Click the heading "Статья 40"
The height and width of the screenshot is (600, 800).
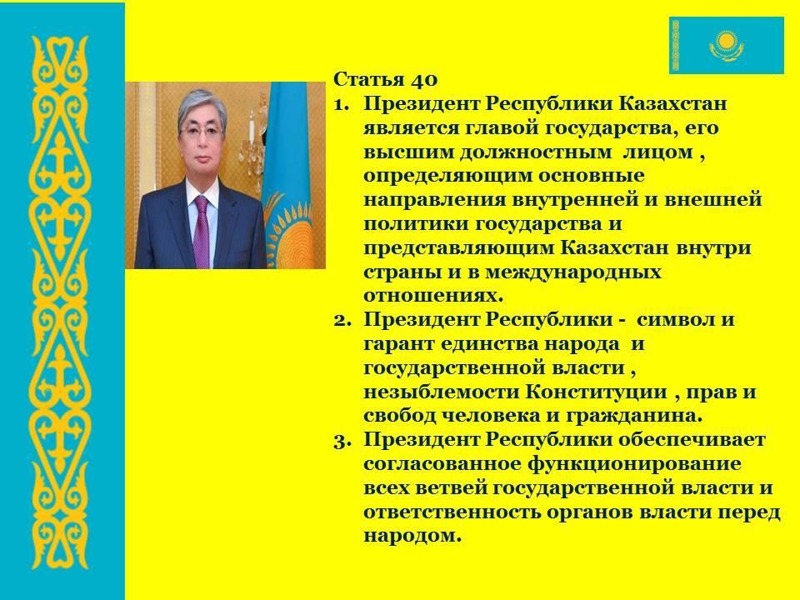pos(385,80)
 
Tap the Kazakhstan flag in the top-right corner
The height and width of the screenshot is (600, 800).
pos(726,45)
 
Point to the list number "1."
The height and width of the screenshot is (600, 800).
pos(342,104)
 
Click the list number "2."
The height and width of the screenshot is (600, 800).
pos(342,320)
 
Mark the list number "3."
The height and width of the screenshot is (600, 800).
pos(342,440)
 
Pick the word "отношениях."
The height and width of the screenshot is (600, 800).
pos(433,296)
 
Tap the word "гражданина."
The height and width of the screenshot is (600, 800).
pos(634,417)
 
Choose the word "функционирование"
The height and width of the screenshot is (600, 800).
pos(634,465)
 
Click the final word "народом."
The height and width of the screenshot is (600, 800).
pos(412,536)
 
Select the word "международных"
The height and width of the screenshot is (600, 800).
pos(573,272)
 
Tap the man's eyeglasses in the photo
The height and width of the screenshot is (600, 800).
pos(202,132)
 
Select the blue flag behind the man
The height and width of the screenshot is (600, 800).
pos(289,175)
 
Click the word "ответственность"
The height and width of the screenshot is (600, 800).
pos(452,512)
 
